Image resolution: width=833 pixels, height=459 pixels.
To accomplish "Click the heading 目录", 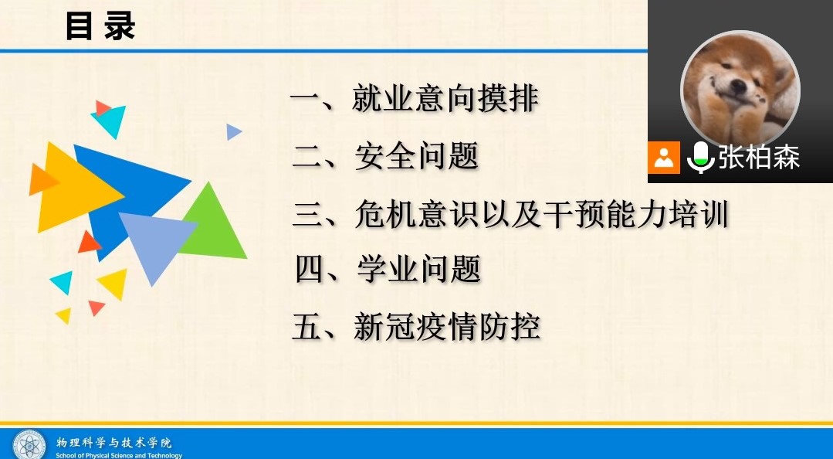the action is (100, 26).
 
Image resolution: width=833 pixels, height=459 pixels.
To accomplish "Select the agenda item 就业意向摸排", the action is (445, 99).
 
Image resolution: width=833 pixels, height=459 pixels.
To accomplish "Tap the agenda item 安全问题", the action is (417, 156).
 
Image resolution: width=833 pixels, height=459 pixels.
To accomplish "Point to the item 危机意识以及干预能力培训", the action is (541, 214).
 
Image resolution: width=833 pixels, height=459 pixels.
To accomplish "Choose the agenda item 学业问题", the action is (418, 269).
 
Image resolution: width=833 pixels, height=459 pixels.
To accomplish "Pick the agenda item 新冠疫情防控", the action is (447, 326).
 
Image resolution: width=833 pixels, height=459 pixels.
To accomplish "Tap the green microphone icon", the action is (700, 158).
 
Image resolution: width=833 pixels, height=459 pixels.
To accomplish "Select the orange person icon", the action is (663, 158).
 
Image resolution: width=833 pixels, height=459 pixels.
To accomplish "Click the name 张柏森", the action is (759, 158).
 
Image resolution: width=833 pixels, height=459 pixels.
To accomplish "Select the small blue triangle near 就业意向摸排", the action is (233, 131).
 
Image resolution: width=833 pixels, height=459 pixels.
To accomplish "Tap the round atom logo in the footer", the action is (30, 444).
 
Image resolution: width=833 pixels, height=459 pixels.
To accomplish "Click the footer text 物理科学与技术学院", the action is (114, 443).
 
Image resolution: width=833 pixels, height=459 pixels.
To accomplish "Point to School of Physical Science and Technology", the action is (119, 455).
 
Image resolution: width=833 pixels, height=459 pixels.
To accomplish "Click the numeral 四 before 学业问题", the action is (309, 270).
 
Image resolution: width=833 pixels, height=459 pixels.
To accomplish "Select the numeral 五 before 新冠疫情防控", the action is (306, 327).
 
